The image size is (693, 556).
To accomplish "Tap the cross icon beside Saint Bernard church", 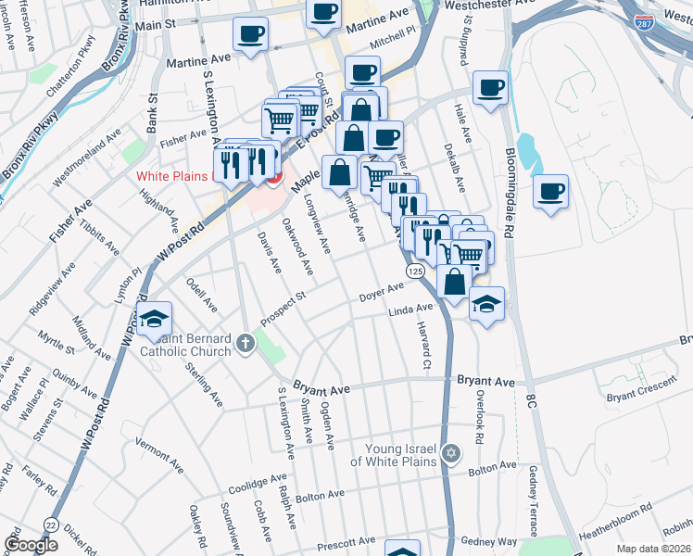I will click(246, 345).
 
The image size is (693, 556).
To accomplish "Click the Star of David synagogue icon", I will click(451, 454).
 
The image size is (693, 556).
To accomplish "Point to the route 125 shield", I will click(414, 270).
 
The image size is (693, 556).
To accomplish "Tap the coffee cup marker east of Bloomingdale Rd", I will click(551, 191).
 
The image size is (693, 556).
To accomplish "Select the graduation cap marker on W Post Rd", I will click(155, 318).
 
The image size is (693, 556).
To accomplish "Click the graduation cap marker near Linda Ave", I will click(486, 303).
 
